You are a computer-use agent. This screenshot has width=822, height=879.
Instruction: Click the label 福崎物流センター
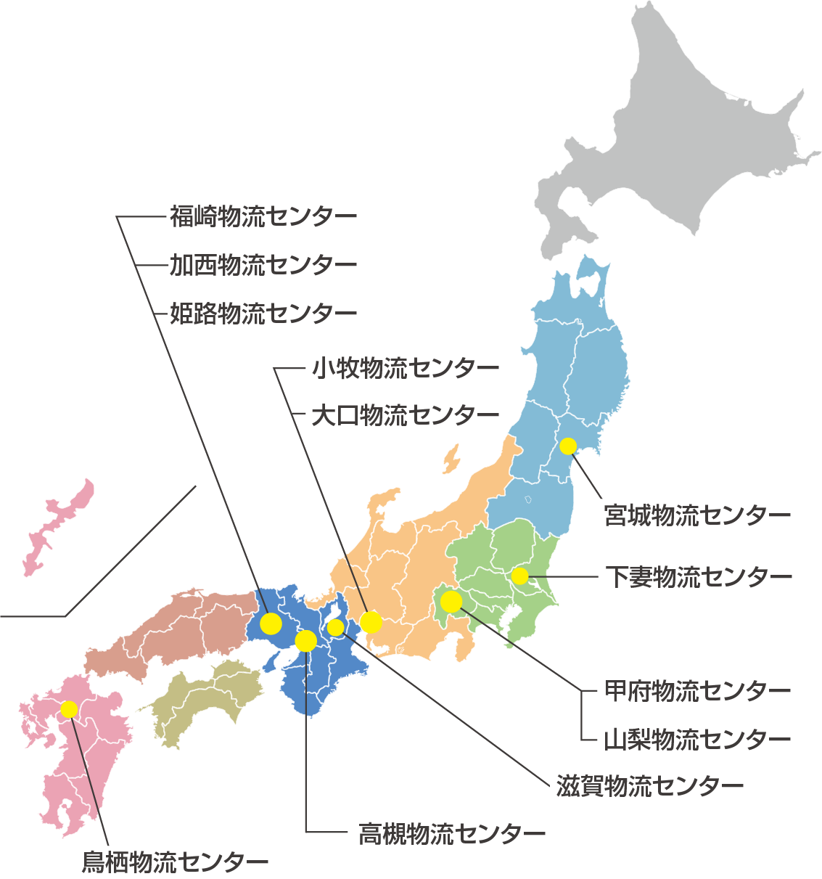(263, 216)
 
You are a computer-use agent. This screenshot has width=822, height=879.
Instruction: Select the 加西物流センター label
(263, 265)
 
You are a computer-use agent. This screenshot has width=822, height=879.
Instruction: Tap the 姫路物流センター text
(263, 314)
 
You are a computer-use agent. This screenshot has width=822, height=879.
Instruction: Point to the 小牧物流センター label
(406, 368)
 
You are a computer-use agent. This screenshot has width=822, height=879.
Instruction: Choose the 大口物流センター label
(406, 416)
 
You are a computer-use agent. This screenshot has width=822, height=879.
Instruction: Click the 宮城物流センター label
(697, 516)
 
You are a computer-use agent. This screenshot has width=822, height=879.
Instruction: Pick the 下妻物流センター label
(699, 577)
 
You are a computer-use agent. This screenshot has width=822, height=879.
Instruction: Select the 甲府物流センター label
(697, 690)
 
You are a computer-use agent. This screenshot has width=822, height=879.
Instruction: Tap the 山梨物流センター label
(697, 740)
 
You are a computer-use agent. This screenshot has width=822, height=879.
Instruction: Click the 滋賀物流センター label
(650, 786)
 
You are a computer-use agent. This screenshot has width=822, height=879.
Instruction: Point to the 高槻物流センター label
(452, 834)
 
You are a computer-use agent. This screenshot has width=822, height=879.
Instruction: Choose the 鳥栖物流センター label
(175, 862)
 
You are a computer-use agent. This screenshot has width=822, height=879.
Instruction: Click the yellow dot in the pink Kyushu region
(69, 709)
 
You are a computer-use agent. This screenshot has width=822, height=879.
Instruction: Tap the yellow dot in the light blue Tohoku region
(568, 446)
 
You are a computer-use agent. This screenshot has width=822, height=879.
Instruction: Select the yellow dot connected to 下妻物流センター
(519, 576)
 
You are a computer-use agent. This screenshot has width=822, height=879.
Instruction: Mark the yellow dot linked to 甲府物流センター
(451, 602)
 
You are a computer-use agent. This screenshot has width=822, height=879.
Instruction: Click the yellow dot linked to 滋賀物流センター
(336, 627)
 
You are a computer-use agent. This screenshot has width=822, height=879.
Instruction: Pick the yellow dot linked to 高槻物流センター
(306, 641)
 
